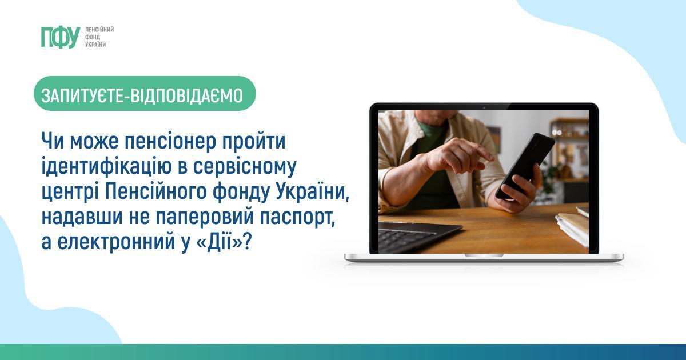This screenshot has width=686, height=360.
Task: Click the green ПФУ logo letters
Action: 61,37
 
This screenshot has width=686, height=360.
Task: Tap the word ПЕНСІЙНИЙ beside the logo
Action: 99,30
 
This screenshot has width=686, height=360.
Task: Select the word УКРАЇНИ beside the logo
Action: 95,45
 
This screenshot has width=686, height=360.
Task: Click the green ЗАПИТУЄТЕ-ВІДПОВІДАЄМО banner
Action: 145,93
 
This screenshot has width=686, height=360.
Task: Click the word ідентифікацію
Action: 107,167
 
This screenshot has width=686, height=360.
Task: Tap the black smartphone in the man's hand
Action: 525,166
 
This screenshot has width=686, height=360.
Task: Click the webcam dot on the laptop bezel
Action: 484,107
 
